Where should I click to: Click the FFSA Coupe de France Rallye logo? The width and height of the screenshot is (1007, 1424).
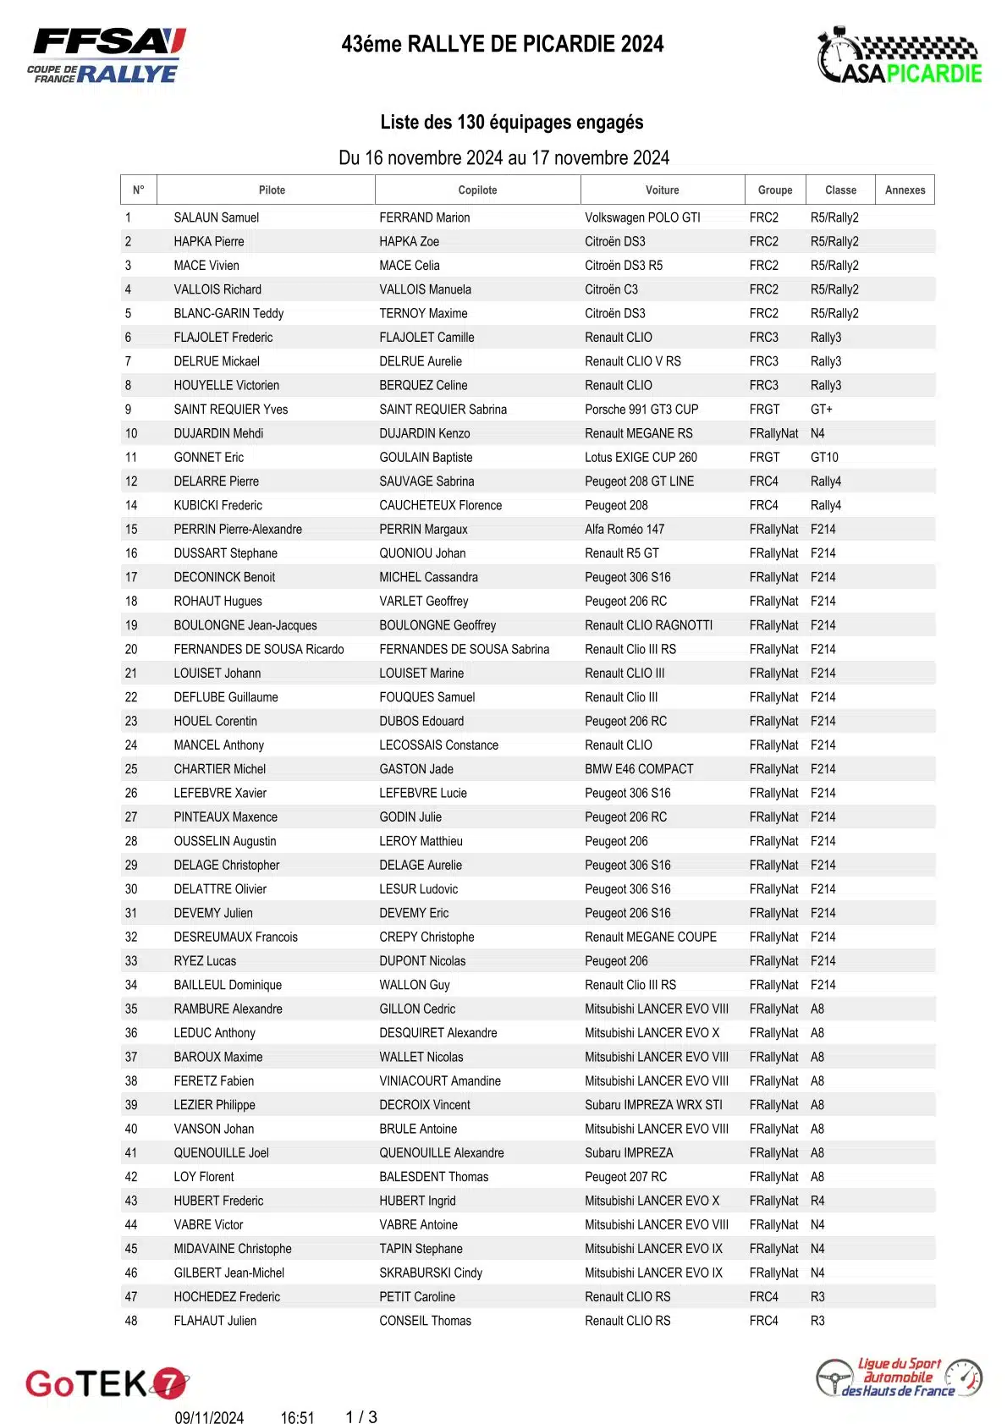click(107, 56)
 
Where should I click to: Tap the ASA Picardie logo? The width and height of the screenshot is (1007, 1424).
click(899, 58)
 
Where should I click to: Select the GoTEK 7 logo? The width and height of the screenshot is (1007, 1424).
click(107, 1383)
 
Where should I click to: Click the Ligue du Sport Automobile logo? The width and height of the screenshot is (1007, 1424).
click(899, 1377)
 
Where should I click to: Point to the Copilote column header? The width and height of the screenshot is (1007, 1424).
click(477, 190)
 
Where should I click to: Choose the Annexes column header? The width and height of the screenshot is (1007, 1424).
click(905, 190)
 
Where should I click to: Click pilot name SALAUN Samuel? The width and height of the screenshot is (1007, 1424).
click(216, 217)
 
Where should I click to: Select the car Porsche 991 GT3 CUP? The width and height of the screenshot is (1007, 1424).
click(641, 410)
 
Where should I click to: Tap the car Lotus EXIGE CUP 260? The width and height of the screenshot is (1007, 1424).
click(641, 458)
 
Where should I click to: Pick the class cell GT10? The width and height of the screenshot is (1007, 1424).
click(824, 458)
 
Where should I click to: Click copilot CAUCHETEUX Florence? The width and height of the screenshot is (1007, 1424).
click(440, 506)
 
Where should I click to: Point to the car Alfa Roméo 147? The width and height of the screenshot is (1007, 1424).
click(625, 530)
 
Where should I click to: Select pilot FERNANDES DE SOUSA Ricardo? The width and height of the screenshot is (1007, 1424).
click(258, 650)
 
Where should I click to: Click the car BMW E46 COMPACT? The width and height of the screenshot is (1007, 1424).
click(639, 769)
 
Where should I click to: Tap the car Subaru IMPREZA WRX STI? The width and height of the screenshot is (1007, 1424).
click(653, 1105)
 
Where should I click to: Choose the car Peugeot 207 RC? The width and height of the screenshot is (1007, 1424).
click(625, 1177)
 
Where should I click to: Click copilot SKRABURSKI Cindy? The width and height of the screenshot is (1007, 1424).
click(430, 1273)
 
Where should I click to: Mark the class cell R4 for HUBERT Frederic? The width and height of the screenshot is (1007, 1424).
click(817, 1201)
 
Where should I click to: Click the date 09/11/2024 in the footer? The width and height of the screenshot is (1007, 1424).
click(209, 1418)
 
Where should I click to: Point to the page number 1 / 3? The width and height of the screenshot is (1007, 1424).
click(361, 1417)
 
